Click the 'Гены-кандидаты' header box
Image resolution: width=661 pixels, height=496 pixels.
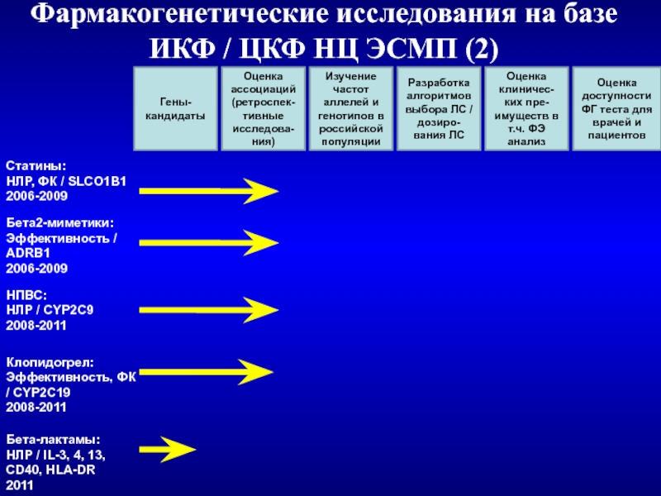tap(174, 109)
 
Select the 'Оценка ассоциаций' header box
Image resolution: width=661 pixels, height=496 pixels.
tap(262, 109)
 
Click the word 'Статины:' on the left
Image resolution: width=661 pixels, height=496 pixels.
tap(36, 168)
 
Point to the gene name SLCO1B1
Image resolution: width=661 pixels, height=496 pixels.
tap(98, 182)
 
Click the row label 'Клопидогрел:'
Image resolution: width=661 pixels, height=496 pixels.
tap(50, 363)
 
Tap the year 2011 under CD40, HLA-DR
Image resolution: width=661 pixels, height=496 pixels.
tap(21, 485)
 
